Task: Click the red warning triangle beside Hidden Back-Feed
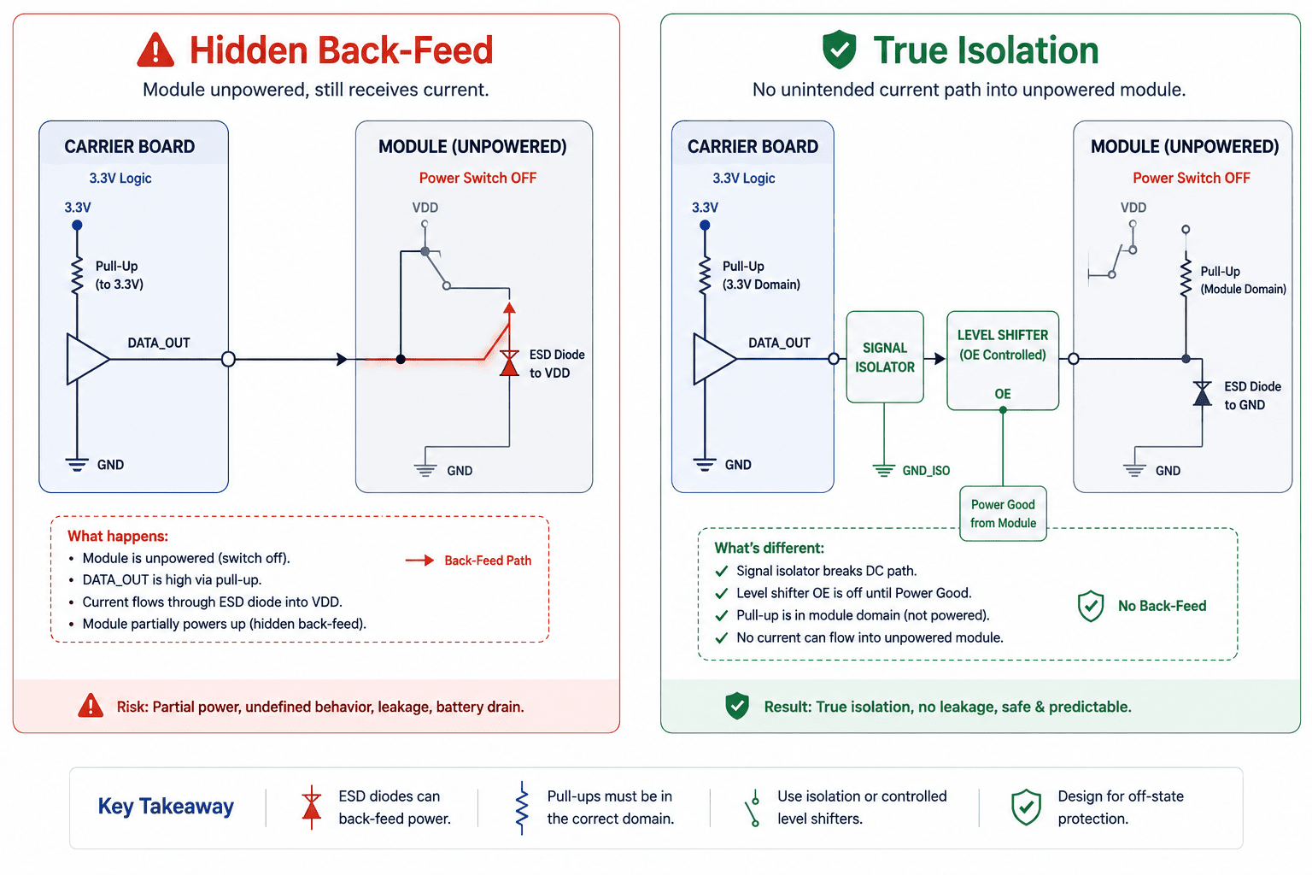[x=155, y=50]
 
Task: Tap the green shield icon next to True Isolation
[x=839, y=50]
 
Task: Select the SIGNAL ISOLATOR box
[x=884, y=357]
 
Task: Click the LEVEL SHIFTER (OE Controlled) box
[x=1002, y=361]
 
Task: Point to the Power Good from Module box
[x=1003, y=514]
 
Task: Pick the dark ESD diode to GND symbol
[x=1202, y=393]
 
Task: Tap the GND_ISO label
[x=926, y=471]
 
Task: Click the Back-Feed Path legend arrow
[x=419, y=561]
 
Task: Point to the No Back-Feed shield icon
[x=1090, y=606]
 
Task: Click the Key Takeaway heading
[x=166, y=807]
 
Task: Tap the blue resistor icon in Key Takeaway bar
[x=521, y=807]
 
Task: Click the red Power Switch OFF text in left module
[x=477, y=179]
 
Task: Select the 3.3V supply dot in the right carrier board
[x=705, y=225]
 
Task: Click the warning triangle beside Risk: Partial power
[x=91, y=706]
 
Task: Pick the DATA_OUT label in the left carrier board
[x=159, y=343]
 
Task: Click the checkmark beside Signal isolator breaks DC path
[x=722, y=571]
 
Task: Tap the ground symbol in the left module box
[x=425, y=469]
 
